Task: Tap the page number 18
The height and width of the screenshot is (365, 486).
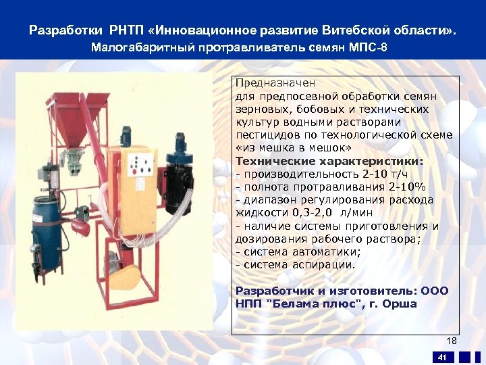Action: pos(451,341)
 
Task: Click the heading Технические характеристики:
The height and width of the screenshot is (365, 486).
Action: pos(329,162)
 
